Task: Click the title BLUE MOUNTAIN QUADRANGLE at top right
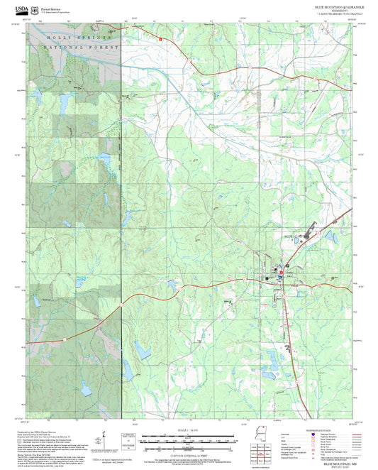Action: pyautogui.click(x=339, y=6)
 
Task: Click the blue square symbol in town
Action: pyautogui.click(x=277, y=278)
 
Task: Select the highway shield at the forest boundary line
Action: pyautogui.click(x=121, y=305)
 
